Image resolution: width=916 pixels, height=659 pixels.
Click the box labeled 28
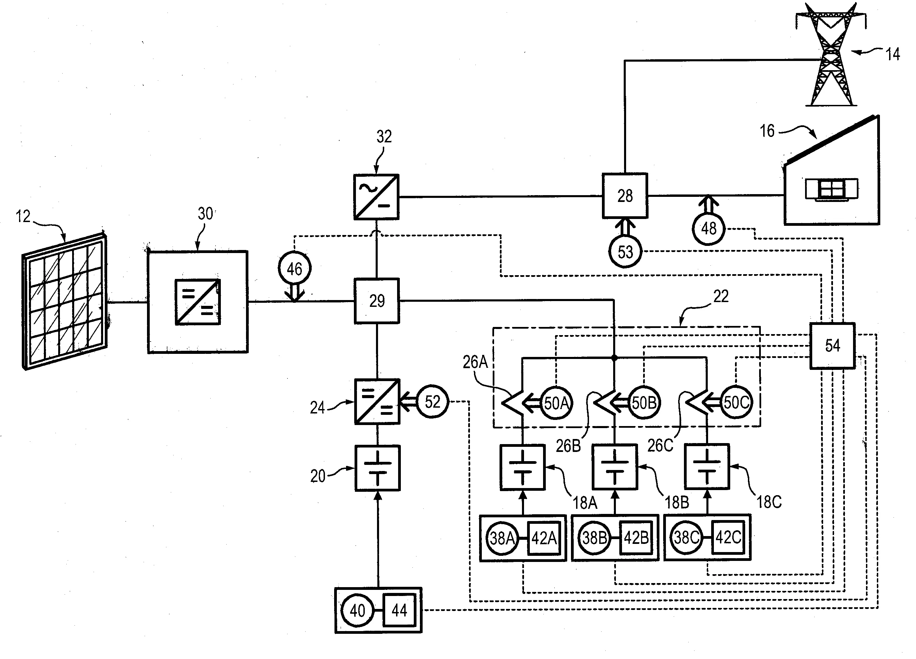pyautogui.click(x=625, y=196)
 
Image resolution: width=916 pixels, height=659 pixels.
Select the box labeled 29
pyautogui.click(x=377, y=301)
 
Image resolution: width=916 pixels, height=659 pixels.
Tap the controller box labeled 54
pyautogui.click(x=832, y=346)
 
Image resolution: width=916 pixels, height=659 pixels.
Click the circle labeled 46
pyautogui.click(x=294, y=268)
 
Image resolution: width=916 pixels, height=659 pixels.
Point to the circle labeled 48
pyautogui.click(x=709, y=229)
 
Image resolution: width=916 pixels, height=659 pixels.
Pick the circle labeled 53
pyautogui.click(x=625, y=252)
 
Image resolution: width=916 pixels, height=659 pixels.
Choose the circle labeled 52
pyautogui.click(x=432, y=402)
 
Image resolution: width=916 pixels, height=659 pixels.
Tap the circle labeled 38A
pyautogui.click(x=502, y=538)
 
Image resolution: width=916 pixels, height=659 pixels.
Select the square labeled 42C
pyautogui.click(x=728, y=537)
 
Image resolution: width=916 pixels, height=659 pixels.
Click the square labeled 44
pyautogui.click(x=399, y=610)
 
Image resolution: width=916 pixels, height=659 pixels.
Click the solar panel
pyautogui.click(x=65, y=301)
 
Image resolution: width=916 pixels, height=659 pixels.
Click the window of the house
pyautogui.click(x=832, y=189)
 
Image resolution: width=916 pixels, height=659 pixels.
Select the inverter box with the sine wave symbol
pyautogui.click(x=376, y=197)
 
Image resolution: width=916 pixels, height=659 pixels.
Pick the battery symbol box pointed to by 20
pyautogui.click(x=378, y=468)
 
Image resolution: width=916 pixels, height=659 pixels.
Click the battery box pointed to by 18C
pyautogui.click(x=707, y=467)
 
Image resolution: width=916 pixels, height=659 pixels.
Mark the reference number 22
pyautogui.click(x=721, y=296)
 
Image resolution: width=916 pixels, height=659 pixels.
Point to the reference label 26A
pyautogui.click(x=475, y=362)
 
